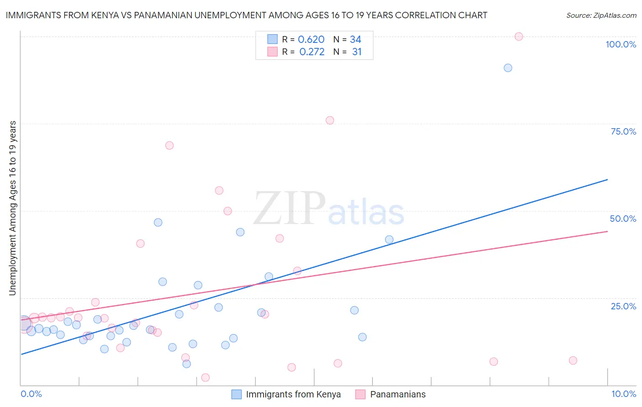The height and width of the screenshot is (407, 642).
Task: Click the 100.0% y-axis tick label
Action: tap(621, 44)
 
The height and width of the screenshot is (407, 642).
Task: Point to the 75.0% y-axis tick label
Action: tap(623, 131)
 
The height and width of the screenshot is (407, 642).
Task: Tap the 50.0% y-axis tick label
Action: tap(623, 219)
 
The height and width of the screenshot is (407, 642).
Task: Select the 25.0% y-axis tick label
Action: tap(623, 306)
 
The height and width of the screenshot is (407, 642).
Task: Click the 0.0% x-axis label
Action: tap(31, 394)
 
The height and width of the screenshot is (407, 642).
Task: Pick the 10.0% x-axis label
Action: tap(623, 394)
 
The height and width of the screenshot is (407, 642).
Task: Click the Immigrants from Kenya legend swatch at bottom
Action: tap(237, 394)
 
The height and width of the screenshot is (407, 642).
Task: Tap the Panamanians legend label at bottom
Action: tap(398, 394)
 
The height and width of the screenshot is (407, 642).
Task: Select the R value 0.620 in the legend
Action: tap(311, 40)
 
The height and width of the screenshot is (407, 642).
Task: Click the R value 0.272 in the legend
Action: tap(312, 52)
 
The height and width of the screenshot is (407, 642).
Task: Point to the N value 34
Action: tap(356, 40)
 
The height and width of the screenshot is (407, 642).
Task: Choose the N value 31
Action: tap(357, 52)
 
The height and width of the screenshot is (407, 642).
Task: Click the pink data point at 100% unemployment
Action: tap(519, 37)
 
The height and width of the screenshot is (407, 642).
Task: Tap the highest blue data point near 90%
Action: tap(508, 68)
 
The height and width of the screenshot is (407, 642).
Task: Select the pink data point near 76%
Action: tap(330, 120)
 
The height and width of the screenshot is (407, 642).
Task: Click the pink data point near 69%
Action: tap(169, 146)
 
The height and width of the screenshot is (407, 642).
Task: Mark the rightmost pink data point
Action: tap(573, 360)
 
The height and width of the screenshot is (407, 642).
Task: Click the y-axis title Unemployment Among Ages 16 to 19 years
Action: tap(13, 208)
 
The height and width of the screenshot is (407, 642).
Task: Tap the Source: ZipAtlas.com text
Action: tap(601, 16)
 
